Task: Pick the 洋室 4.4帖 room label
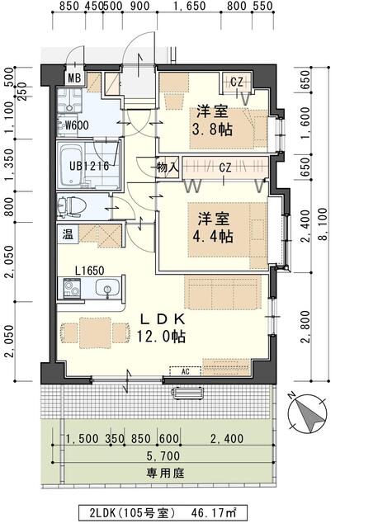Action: point(214,228)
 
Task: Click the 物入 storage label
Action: point(168,167)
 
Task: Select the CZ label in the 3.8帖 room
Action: point(236,81)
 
